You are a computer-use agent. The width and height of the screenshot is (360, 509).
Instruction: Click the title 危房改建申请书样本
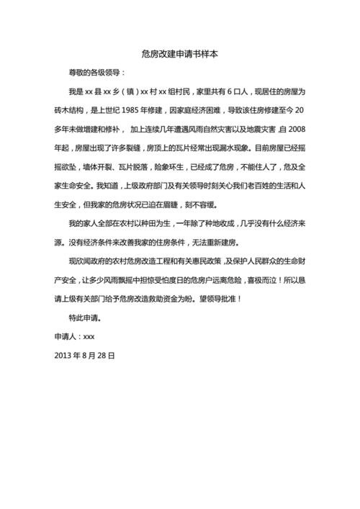pos(180,53)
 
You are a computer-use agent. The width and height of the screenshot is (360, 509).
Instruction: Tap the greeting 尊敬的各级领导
pos(95,73)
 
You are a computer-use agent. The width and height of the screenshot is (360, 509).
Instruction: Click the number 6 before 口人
pos(229,91)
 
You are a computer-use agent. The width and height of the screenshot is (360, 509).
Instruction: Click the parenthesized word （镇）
pos(126,91)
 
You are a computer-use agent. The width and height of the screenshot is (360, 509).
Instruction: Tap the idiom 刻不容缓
pos(216,204)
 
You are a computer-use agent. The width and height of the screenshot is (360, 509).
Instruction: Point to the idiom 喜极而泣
pos(261,279)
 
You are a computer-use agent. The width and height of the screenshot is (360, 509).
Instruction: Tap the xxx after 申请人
pos(89,335)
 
